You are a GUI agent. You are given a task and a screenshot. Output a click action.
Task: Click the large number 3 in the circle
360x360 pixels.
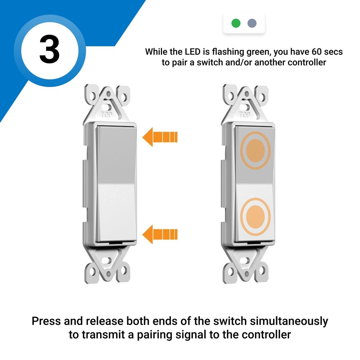click(49, 50)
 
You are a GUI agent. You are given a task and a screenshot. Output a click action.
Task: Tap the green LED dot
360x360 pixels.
click(236, 24)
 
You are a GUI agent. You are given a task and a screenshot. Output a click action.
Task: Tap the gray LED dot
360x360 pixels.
click(252, 24)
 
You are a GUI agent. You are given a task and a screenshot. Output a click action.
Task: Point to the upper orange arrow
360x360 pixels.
click(160, 137)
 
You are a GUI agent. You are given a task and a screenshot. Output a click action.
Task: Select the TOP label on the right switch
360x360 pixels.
click(245, 115)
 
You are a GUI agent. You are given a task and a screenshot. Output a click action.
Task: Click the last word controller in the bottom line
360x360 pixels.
click(266, 334)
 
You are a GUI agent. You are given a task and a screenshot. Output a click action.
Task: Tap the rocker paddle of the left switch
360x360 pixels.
click(116, 184)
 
